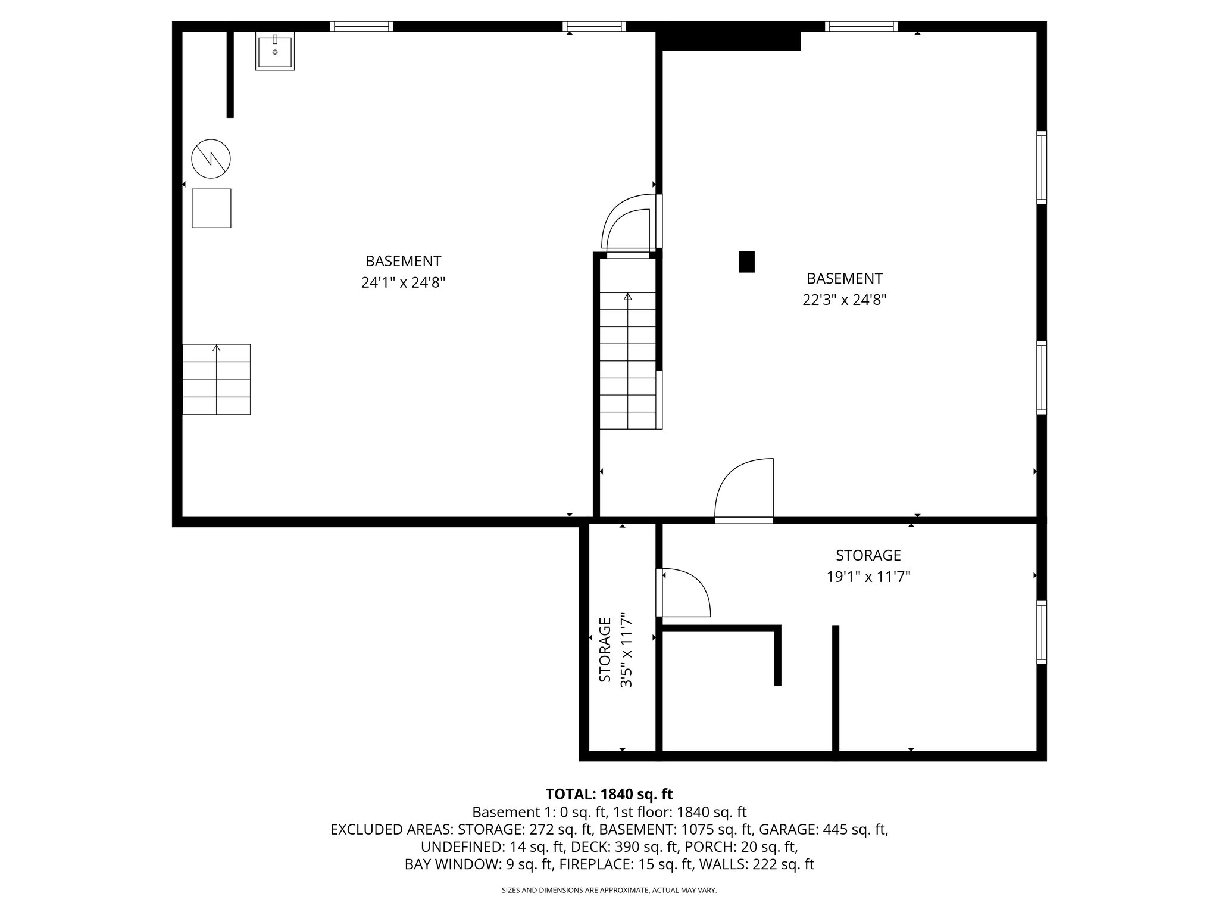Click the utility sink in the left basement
(275, 51)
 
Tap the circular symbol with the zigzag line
(211, 158)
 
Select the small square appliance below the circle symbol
(211, 208)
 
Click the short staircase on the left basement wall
(216, 379)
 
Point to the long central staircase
(628, 360)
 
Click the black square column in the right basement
(746, 262)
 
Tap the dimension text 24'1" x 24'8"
(403, 282)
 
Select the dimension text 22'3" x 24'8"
(844, 300)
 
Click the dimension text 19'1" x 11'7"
(868, 577)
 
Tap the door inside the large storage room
(684, 593)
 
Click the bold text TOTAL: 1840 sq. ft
(609, 794)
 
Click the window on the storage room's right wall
(1042, 633)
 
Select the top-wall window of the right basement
(861, 26)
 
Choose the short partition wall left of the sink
(230, 73)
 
